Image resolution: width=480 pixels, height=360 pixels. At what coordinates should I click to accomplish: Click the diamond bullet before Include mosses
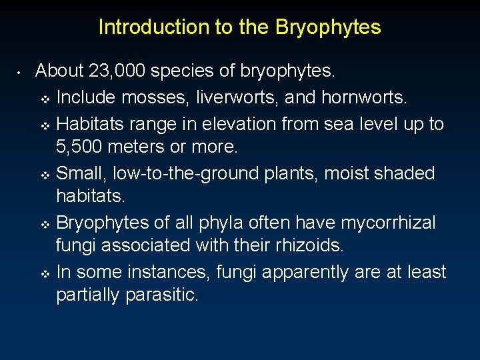45,99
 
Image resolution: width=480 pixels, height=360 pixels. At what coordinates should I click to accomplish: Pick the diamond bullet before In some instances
45,273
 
